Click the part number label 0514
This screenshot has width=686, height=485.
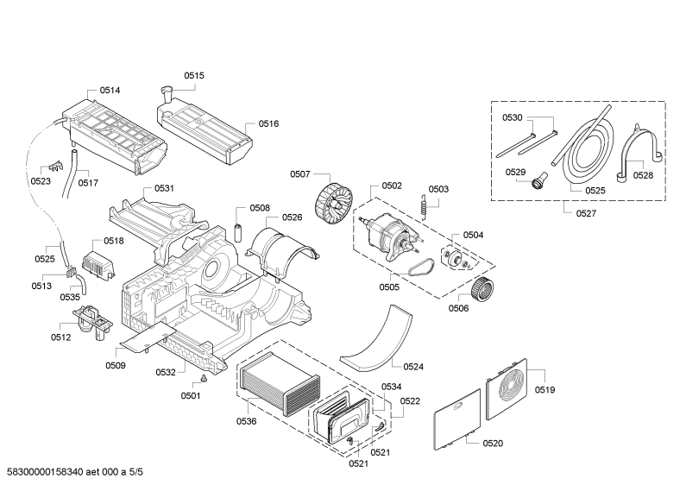point(110,91)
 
